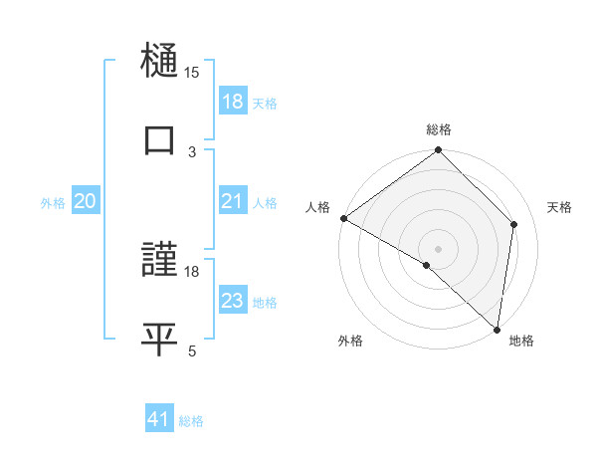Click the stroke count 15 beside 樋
(x=192, y=72)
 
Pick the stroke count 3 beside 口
(x=192, y=152)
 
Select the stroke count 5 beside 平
(x=192, y=351)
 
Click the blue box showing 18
(x=233, y=102)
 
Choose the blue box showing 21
(x=233, y=201)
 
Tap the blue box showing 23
(x=233, y=301)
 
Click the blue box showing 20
(x=86, y=201)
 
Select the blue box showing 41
(x=160, y=420)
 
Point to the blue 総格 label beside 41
(x=191, y=421)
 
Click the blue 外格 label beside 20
(x=53, y=202)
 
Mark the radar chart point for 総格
(x=438, y=150)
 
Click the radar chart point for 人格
(x=343, y=218)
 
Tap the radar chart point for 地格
(x=496, y=329)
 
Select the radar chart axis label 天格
(x=559, y=207)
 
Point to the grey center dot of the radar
(x=438, y=248)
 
